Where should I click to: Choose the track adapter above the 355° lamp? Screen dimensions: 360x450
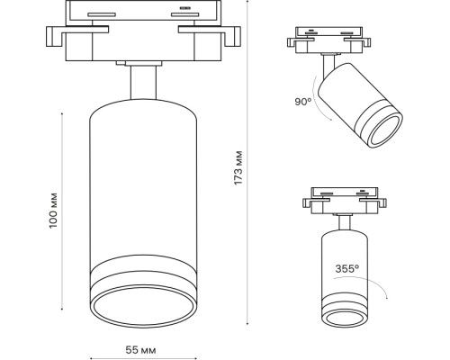pos(343,197)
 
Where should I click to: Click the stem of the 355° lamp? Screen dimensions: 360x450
pos(344,221)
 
